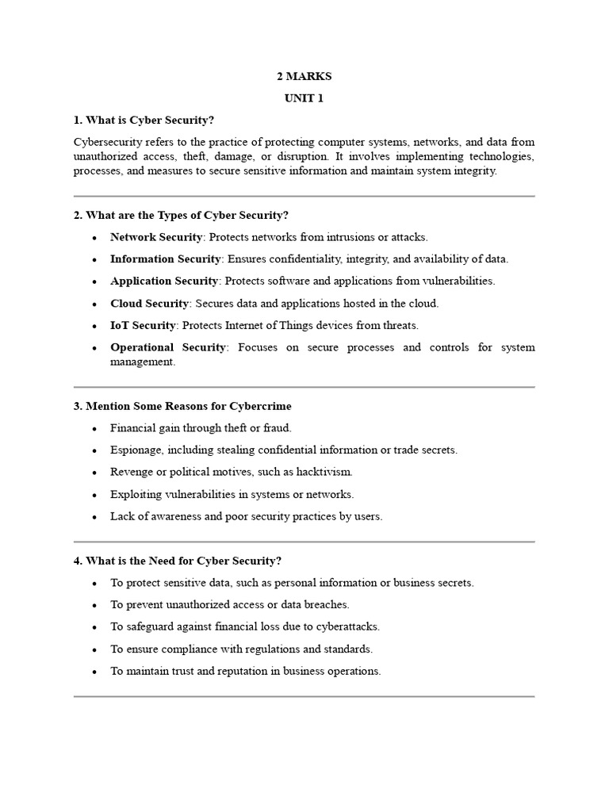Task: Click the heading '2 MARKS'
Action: pos(304,77)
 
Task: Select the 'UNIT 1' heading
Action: pos(304,99)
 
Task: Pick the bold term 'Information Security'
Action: pos(165,259)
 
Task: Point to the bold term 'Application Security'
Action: pos(164,281)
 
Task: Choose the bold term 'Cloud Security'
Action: pos(149,303)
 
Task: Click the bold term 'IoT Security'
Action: pos(142,325)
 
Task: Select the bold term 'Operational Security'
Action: pos(168,347)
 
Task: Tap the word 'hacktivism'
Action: pos(324,472)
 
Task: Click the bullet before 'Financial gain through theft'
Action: pos(94,428)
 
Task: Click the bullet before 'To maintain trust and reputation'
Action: pos(94,671)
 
